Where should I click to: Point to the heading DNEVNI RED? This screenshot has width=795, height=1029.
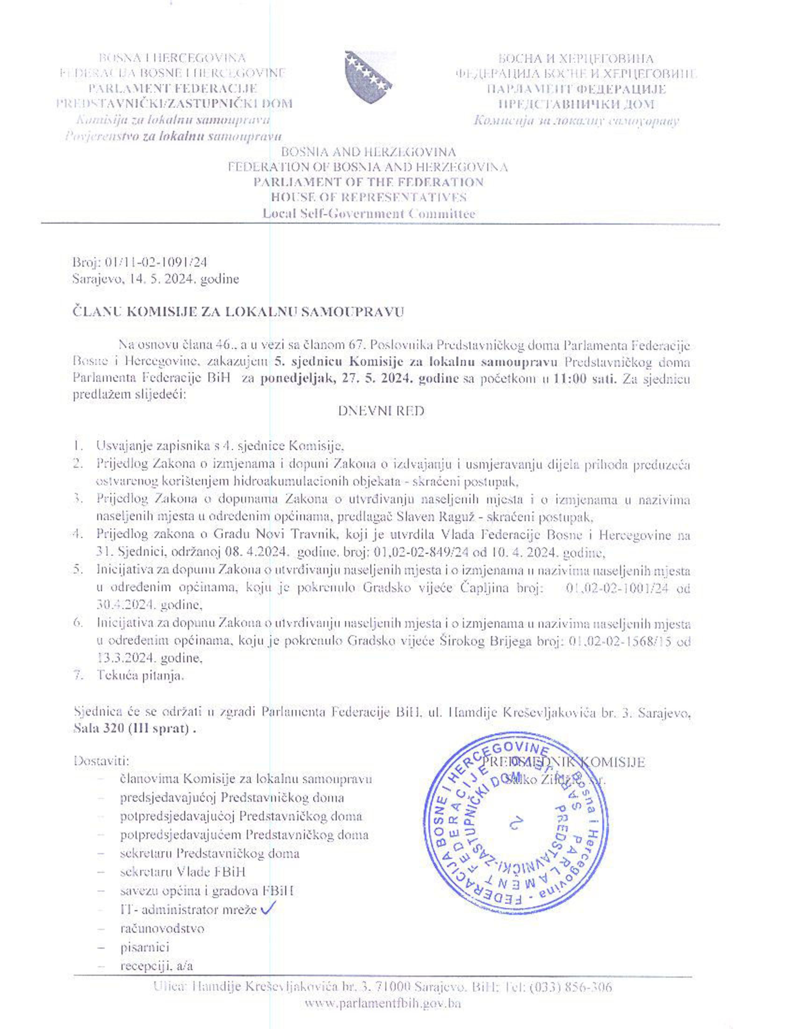click(381, 411)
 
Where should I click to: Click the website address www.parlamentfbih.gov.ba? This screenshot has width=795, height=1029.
click(383, 1003)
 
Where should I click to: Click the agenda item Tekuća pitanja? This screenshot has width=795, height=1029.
click(140, 675)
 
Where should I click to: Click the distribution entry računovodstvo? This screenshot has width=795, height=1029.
click(162, 929)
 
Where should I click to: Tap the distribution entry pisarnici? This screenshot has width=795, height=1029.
click(145, 947)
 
